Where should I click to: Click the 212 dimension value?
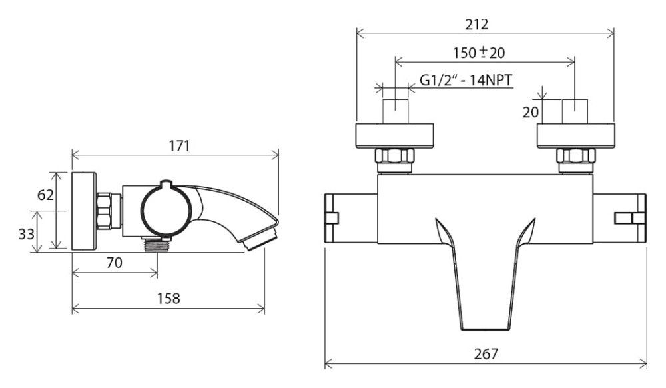coord(477,24)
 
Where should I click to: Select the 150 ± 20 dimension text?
coord(479,53)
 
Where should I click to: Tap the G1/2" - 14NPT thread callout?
coord(466,80)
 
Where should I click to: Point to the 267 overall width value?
coord(486,353)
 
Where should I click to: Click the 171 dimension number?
coord(179,146)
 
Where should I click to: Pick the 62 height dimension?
coord(45,195)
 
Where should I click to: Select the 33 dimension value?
coord(27,233)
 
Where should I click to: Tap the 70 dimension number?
coord(115,263)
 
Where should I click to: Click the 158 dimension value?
coord(168,298)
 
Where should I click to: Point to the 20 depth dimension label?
coord(531,112)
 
